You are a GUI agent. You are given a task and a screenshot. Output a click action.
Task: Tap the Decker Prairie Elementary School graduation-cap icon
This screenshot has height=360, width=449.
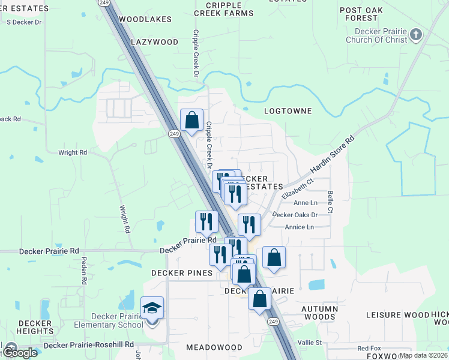tap(152, 308)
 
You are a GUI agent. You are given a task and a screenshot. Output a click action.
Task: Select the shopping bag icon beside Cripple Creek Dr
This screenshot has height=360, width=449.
tap(191, 120)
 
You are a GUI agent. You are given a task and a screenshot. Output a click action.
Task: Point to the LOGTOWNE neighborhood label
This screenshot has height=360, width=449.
tap(288, 111)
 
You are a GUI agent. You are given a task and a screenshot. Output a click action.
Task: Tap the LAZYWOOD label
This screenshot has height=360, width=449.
tap(155, 42)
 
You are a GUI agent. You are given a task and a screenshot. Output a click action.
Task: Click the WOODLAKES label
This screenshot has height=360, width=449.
tap(145, 19)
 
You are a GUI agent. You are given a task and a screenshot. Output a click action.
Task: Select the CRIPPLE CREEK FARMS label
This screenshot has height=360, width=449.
tap(224, 9)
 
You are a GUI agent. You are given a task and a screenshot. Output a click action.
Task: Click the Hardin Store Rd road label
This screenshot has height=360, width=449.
tap(333, 155)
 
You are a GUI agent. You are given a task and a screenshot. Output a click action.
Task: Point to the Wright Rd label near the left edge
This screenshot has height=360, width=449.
tap(73, 152)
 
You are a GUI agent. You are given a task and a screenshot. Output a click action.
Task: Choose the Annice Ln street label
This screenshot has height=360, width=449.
tap(299, 227)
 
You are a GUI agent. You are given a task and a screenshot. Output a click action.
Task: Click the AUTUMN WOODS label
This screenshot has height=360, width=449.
tap(320, 313)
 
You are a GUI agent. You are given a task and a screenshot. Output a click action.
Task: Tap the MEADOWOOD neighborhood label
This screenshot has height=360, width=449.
tap(214, 347)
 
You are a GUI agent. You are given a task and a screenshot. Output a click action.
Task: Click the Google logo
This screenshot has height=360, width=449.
tap(20, 352)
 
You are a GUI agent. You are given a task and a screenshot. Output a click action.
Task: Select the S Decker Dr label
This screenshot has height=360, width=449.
tap(24, 22)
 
